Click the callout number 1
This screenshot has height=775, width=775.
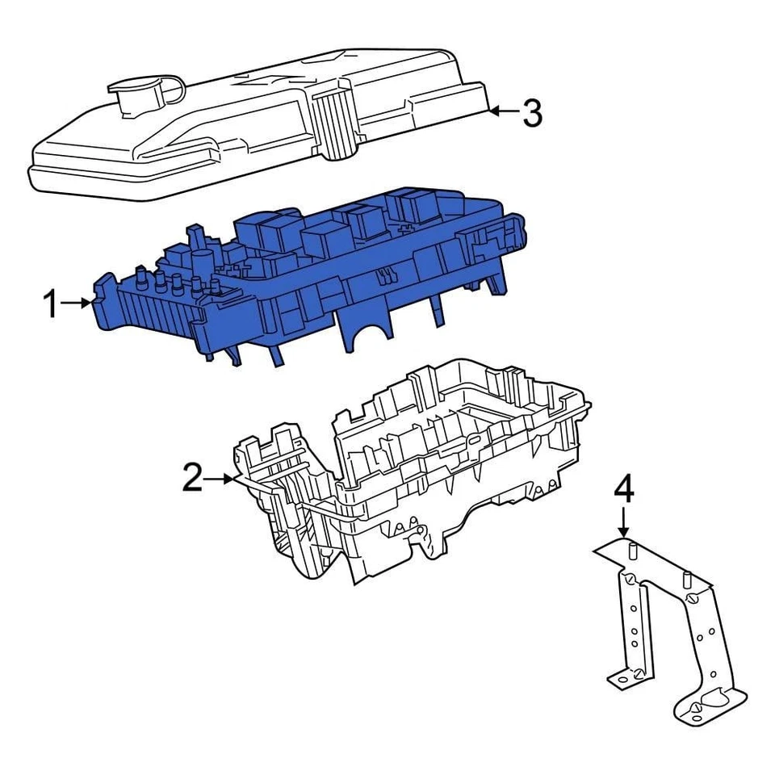point(50,304)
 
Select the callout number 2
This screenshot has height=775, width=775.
point(192,479)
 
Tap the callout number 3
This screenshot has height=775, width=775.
point(531,113)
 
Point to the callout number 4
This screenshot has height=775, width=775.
point(624,489)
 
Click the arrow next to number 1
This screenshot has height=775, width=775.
point(82,303)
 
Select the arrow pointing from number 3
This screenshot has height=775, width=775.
point(504,111)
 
